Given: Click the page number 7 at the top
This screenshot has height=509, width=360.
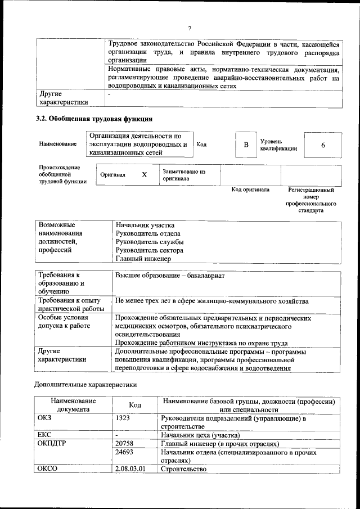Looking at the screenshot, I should tap(190, 29).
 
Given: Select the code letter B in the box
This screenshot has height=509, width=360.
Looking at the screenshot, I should tap(246, 145).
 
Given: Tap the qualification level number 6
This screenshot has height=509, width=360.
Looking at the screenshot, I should tap(323, 145).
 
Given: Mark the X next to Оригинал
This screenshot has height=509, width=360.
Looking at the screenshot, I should tap(144, 175).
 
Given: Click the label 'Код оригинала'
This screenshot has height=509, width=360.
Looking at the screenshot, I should tap(250, 190).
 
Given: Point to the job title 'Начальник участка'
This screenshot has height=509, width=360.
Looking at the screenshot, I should tap(145, 225).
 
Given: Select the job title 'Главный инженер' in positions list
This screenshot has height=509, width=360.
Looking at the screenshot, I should tap(143, 259).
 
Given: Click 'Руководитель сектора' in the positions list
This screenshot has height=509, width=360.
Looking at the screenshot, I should tap(150, 250).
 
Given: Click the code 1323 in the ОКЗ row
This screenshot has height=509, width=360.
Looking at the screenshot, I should tap(124, 418).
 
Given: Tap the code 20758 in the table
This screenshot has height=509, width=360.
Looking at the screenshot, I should tap(125, 443).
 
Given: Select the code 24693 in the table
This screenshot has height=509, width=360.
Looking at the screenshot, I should tap(125, 452).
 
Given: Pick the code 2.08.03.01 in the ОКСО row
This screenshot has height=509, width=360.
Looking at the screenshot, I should tap(130, 469).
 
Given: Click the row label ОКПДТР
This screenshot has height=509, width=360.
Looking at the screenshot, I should tap(52, 443).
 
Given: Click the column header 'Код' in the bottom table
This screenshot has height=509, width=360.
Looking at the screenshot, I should tap(135, 405).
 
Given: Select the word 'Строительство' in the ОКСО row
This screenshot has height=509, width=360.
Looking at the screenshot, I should tap(183, 469).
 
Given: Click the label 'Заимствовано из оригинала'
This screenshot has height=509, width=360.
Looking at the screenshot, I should tap(184, 175).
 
